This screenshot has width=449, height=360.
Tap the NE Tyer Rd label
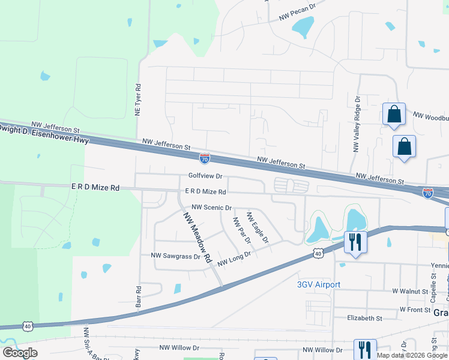[x=137, y=100]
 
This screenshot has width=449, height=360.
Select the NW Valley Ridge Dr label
[x=357, y=132]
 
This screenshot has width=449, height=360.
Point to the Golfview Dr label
[x=205, y=176]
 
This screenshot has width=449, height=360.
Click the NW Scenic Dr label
[x=211, y=208]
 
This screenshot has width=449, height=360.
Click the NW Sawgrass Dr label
[x=175, y=256]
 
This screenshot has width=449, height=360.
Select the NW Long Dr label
[x=234, y=259]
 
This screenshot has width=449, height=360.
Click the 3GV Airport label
[x=319, y=284]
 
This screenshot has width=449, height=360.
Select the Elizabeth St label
[x=366, y=318]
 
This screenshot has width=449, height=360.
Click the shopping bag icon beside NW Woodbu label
[x=394, y=114]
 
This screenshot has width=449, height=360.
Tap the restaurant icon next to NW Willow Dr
[x=364, y=349]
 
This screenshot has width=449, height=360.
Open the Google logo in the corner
[x=20, y=353]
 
